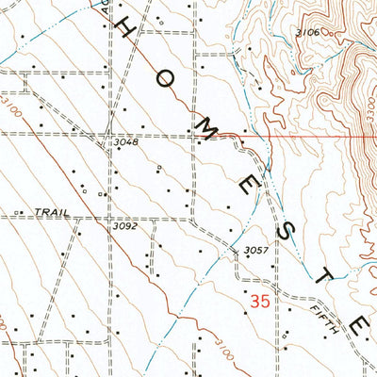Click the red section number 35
(263, 302)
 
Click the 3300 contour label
(369, 105)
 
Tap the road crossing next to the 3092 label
(106, 217)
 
